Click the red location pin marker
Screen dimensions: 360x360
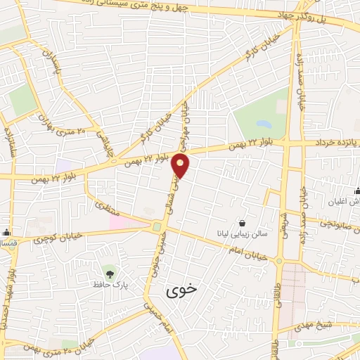click(x=181, y=166)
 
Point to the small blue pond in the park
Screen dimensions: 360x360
click(x=264, y=124)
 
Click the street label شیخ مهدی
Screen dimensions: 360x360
click(x=330, y=325)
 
